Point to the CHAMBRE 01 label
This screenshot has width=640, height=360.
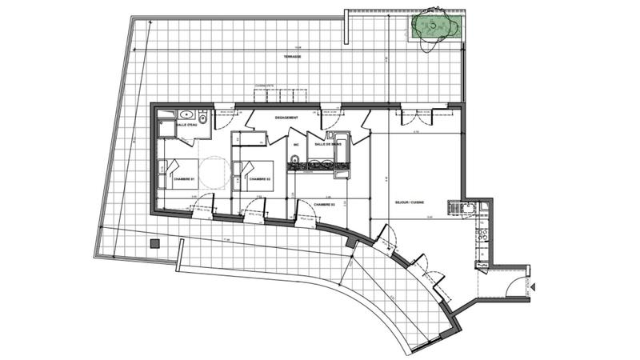pyautogui.click(x=185, y=179)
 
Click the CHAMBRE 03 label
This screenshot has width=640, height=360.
pyautogui.click(x=324, y=205)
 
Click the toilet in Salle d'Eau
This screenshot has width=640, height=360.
pyautogui.click(x=204, y=121)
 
